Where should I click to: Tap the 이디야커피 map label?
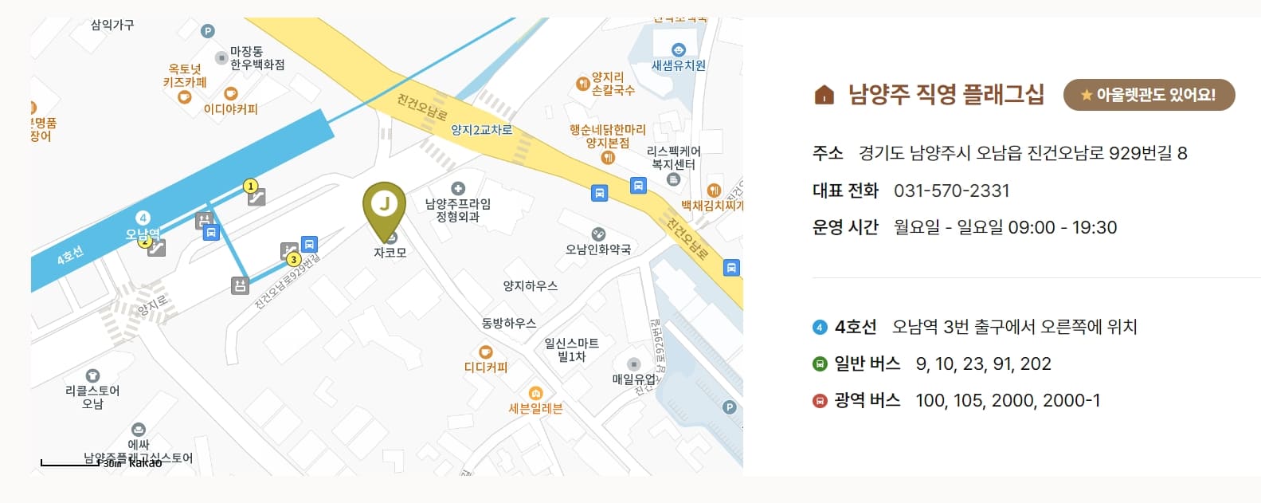[230, 109]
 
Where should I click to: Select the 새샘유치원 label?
[679, 65]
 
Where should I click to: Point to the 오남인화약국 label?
[598, 250]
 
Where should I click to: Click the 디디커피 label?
[486, 367]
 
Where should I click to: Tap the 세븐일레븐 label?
[535, 408]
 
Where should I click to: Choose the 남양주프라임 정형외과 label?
[457, 210]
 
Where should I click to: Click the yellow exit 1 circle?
[250, 187]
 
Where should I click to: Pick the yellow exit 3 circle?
[293, 259]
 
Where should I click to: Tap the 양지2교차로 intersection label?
[481, 130]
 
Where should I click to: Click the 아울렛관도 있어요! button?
[1149, 95]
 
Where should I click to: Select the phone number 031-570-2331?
[951, 191]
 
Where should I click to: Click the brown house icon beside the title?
[824, 96]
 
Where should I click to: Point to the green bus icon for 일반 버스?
[820, 364]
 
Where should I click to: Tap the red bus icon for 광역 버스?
[820, 401]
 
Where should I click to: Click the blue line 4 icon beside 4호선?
[820, 327]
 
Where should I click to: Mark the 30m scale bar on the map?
[70, 462]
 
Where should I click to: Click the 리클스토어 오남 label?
[92, 397]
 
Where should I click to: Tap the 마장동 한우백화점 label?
[257, 58]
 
